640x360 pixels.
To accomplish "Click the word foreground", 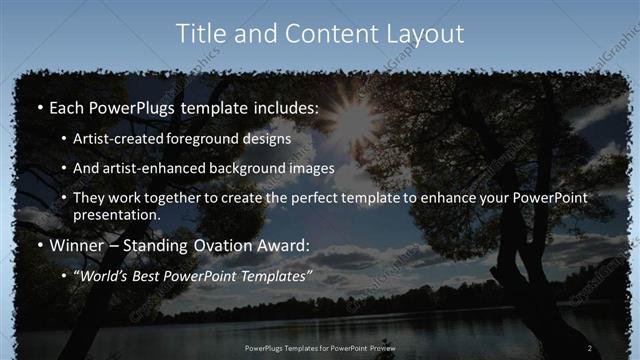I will [x=216, y=139].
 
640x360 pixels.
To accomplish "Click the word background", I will [x=258, y=169].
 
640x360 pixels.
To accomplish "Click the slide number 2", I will [x=590, y=348].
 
